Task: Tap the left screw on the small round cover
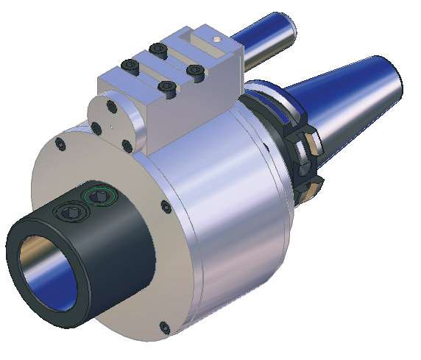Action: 96,129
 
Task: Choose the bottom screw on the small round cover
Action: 127,147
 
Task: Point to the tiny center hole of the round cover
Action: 110,127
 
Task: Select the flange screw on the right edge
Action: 167,208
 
